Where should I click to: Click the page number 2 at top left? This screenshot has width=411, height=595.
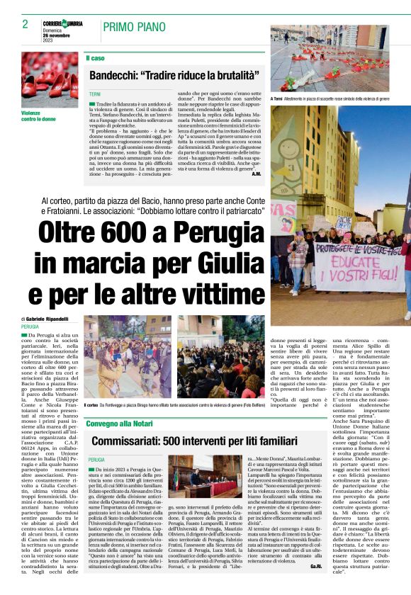[x=25, y=24]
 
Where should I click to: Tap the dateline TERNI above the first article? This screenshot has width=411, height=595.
[x=95, y=93]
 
